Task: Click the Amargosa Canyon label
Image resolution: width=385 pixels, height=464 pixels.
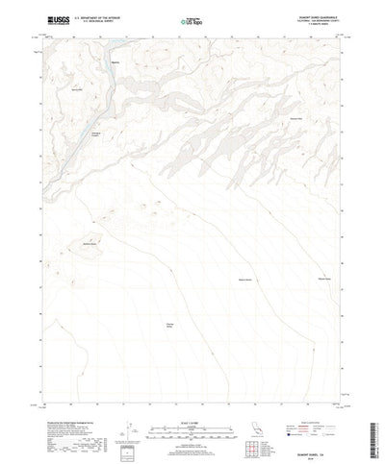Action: [95, 134]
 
